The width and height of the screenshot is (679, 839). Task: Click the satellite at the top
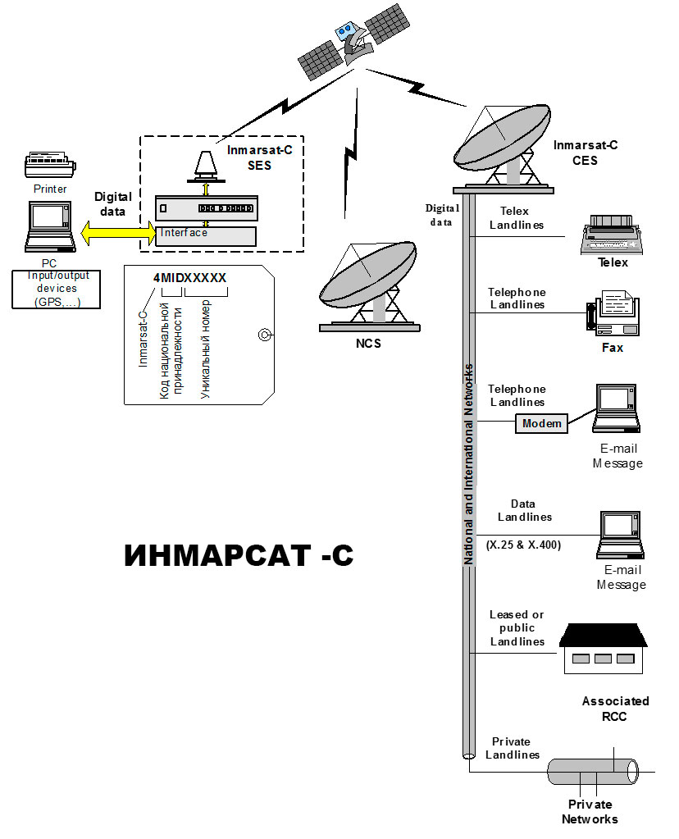(x=353, y=42)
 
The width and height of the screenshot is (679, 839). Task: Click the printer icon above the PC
(x=50, y=165)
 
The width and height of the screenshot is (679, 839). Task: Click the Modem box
(x=541, y=423)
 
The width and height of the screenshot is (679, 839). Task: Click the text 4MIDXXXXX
(x=189, y=278)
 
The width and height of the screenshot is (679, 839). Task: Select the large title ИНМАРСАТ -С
(x=239, y=555)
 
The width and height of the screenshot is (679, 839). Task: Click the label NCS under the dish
(x=368, y=344)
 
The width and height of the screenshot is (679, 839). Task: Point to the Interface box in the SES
(x=205, y=234)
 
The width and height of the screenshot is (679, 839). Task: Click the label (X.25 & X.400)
(x=524, y=545)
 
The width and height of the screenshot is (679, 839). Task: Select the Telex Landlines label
(x=516, y=218)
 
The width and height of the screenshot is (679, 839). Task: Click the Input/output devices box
(x=57, y=290)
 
